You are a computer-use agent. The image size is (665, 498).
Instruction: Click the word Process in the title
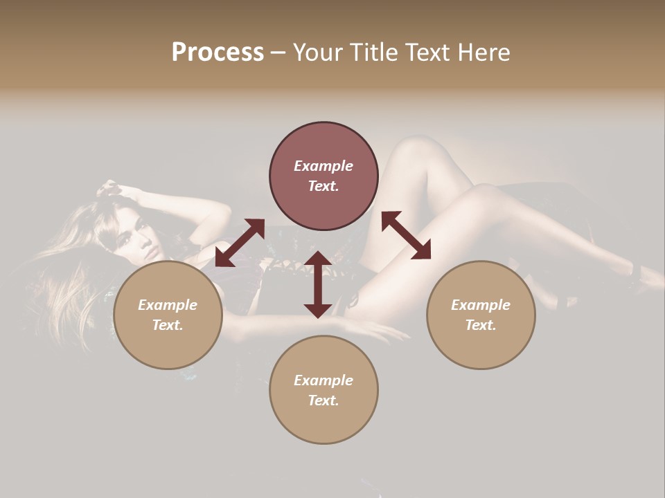pos(218,53)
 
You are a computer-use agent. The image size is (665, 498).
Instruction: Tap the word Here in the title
pos(485,53)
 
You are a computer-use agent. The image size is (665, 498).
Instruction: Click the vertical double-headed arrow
pos(318,284)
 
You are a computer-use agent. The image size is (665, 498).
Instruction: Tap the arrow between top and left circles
pos(240,242)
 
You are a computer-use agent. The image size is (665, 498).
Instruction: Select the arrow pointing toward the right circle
pos(406,235)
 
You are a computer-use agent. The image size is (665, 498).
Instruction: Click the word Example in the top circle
pos(323,166)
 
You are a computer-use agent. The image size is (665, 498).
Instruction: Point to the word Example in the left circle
pos(168,305)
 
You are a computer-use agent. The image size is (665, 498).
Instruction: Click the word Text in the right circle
pos(481,325)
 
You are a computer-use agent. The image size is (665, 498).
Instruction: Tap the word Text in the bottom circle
pos(323,400)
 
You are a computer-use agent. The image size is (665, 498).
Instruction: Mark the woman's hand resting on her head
pos(111,188)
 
